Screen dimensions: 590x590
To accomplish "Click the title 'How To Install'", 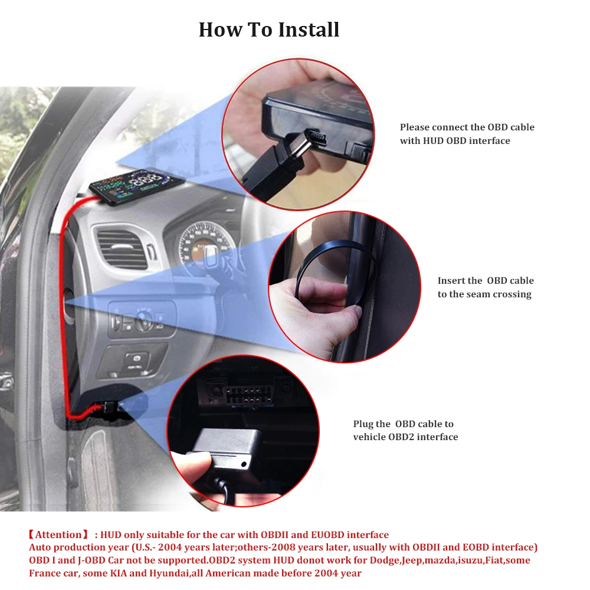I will (269, 29).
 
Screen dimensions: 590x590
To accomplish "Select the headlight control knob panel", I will (142, 322).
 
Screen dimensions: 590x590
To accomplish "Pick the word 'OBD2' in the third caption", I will (402, 437).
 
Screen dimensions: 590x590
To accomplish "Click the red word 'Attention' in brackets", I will (58, 535).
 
